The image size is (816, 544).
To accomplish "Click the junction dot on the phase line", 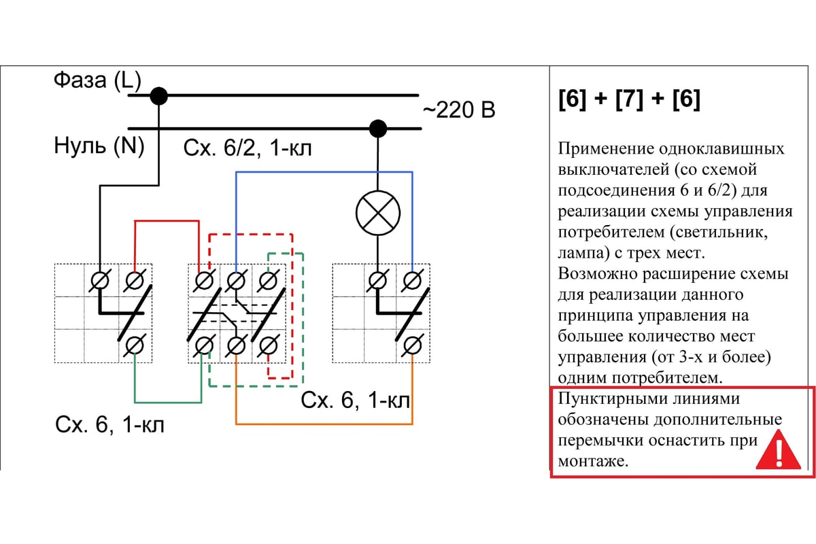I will pos(158,96).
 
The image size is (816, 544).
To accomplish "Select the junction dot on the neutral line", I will pos(377,129).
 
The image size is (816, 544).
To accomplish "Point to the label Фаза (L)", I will pos(97,81).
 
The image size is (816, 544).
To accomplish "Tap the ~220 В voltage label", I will pos(459,109).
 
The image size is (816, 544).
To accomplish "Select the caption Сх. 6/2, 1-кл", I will pos(248,148).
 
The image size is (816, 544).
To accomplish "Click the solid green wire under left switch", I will pos(168,401).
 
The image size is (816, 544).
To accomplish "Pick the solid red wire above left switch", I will pos(167,220).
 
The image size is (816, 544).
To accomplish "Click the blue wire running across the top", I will pos(324,173).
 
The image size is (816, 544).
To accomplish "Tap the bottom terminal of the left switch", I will pos(135,345).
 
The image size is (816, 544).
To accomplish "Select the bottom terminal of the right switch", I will pos(411,345).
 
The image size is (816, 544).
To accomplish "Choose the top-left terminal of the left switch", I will pos(100,280).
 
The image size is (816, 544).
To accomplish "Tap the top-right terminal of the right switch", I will pos(411,280).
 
